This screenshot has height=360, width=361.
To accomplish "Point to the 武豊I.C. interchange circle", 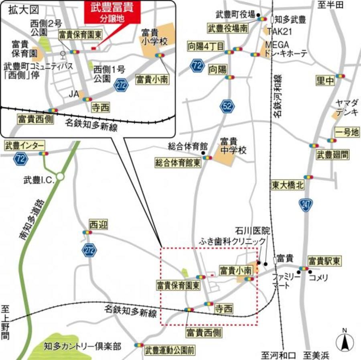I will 60,176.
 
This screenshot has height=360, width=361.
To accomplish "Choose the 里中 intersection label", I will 325,81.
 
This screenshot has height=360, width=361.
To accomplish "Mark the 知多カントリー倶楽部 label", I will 83,346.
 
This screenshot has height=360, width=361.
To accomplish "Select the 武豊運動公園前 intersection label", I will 170,350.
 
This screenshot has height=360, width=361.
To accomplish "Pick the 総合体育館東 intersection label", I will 178,163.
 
